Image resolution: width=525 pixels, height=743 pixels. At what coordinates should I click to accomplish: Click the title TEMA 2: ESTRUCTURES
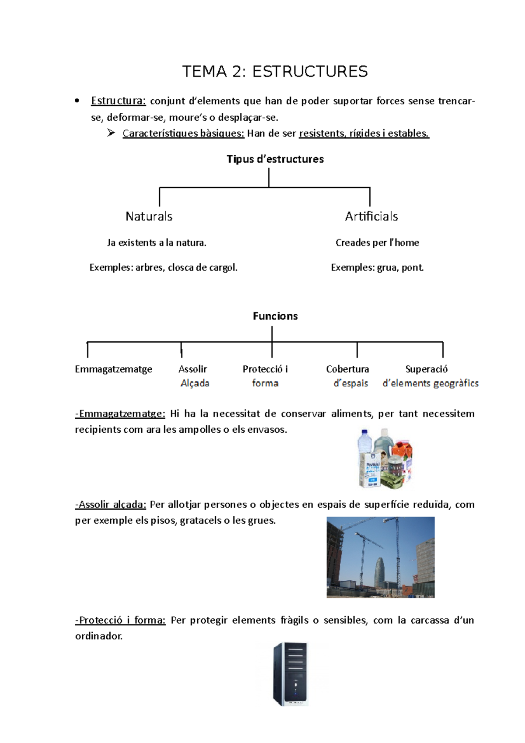tap(275, 71)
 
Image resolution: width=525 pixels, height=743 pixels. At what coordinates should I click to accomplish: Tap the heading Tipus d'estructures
tap(275, 159)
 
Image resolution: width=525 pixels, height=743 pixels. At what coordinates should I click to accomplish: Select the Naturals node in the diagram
tap(149, 216)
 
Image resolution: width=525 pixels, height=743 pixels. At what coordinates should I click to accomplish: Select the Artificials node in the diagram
tap(371, 216)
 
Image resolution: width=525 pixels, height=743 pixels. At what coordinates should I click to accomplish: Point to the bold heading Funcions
tap(275, 316)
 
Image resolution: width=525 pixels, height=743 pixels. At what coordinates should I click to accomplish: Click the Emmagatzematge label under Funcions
tap(113, 369)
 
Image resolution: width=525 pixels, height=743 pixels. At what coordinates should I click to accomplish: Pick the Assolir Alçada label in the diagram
tap(194, 376)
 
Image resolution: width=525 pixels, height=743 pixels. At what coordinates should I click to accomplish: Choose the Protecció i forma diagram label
tap(265, 376)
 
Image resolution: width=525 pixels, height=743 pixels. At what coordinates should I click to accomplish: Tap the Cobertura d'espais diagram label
tap(348, 376)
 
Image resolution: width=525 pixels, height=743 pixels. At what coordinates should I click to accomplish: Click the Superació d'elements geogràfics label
tap(430, 376)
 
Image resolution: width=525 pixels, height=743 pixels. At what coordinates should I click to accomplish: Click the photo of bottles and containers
tap(385, 459)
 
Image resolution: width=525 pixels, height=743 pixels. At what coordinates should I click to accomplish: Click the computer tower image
tap(290, 674)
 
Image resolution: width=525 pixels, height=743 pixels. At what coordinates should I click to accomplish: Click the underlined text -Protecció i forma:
tap(120, 620)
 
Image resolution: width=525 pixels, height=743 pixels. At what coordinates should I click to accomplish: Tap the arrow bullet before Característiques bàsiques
tap(111, 133)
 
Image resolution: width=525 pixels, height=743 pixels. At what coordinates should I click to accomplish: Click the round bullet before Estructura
tap(77, 101)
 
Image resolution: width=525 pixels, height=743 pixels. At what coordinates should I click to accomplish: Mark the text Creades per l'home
tap(377, 242)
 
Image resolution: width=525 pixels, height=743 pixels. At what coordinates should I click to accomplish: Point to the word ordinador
tap(98, 636)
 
